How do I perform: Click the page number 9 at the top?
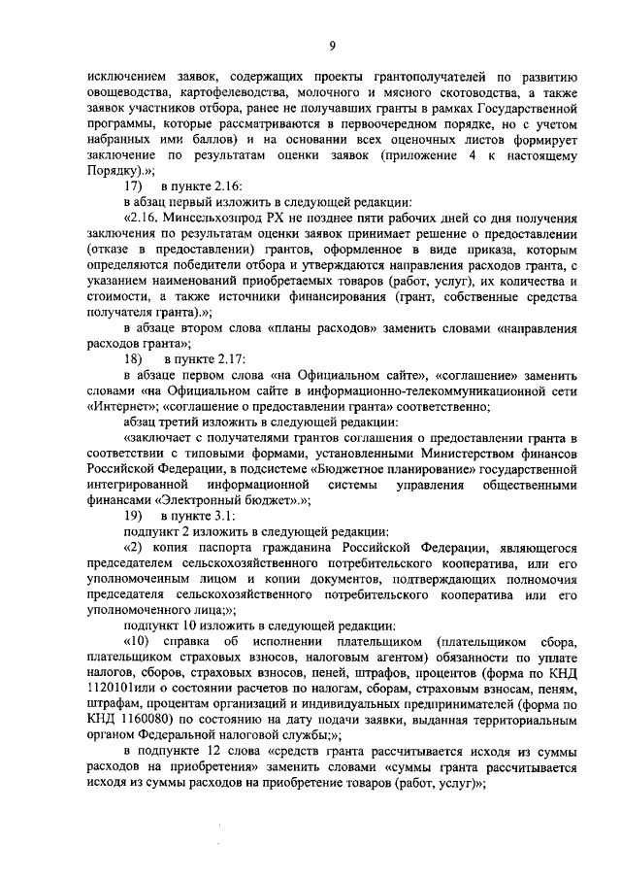[x=332, y=44]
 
